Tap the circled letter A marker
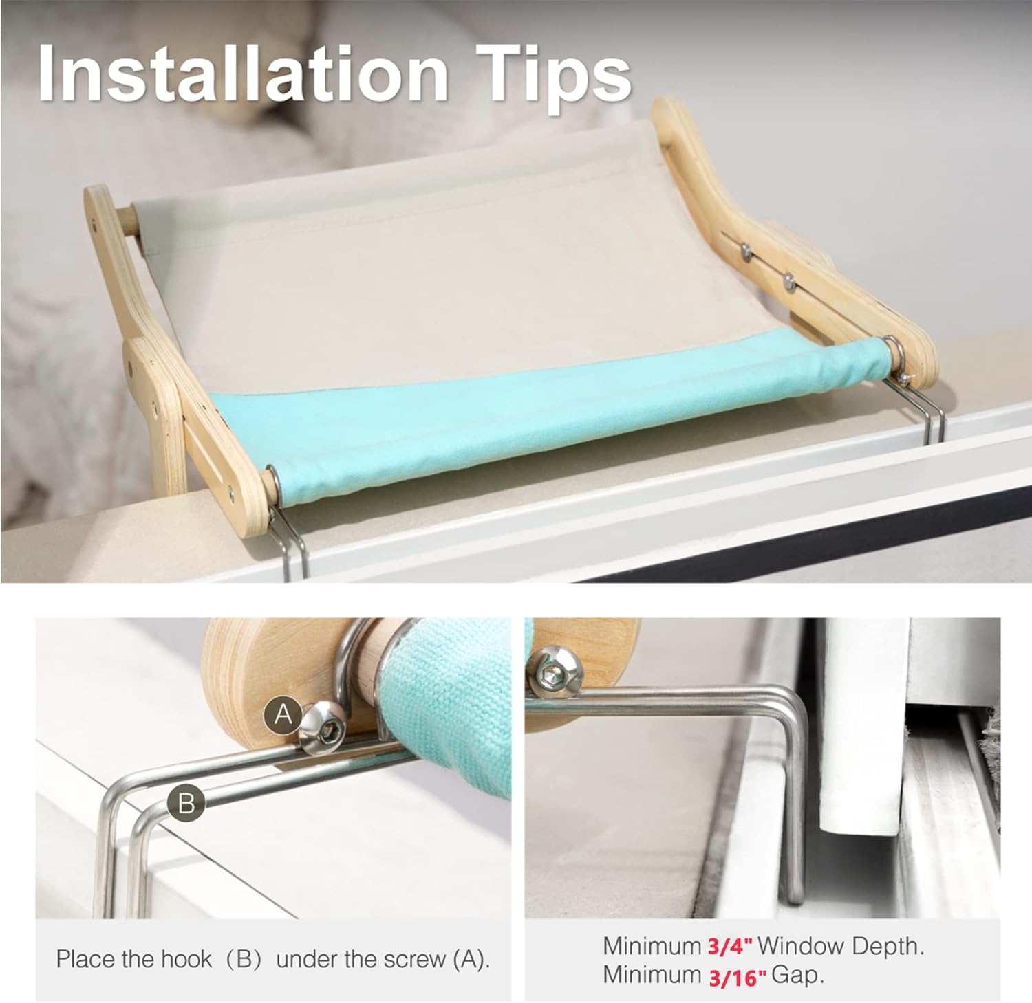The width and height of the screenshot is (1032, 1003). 283,716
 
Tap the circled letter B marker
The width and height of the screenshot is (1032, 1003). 186,802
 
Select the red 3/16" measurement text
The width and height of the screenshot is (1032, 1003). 736,976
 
